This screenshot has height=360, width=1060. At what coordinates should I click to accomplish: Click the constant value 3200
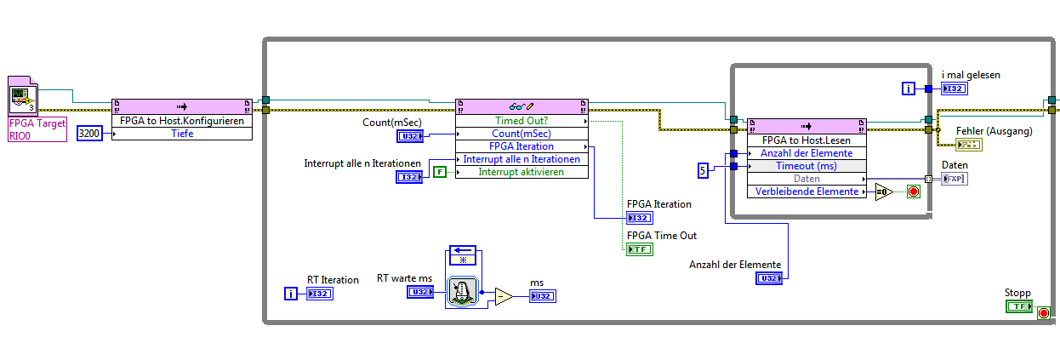click(x=88, y=133)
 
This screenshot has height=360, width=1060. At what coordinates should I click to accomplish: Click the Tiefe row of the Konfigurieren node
click(x=182, y=133)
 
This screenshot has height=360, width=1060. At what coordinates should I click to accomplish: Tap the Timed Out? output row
click(x=521, y=121)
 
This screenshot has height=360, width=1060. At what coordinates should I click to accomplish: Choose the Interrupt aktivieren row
click(x=521, y=172)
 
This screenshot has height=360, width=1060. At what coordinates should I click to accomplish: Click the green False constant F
click(x=439, y=172)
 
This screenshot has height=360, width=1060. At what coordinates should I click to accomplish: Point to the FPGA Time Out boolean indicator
click(x=639, y=249)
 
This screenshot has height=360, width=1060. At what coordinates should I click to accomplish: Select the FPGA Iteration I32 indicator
click(x=639, y=218)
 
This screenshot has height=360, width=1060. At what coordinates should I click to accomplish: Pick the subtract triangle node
click(x=504, y=296)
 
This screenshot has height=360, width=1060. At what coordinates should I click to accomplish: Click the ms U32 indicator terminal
click(x=543, y=296)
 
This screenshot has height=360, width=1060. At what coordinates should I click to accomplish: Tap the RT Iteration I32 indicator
click(x=320, y=294)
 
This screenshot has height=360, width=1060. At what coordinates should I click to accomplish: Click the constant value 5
click(x=703, y=171)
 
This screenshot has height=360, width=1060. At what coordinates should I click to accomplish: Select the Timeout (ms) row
click(x=806, y=166)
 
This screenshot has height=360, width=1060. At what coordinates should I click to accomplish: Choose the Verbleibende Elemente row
click(x=806, y=191)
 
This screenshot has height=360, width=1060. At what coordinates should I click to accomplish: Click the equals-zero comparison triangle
click(x=883, y=191)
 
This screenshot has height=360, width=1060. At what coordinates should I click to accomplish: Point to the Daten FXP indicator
click(x=955, y=179)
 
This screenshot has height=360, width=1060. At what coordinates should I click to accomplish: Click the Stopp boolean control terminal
click(x=1018, y=306)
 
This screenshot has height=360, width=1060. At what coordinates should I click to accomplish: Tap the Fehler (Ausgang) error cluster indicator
click(x=968, y=144)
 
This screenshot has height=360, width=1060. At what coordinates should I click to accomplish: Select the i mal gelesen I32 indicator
click(x=955, y=89)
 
